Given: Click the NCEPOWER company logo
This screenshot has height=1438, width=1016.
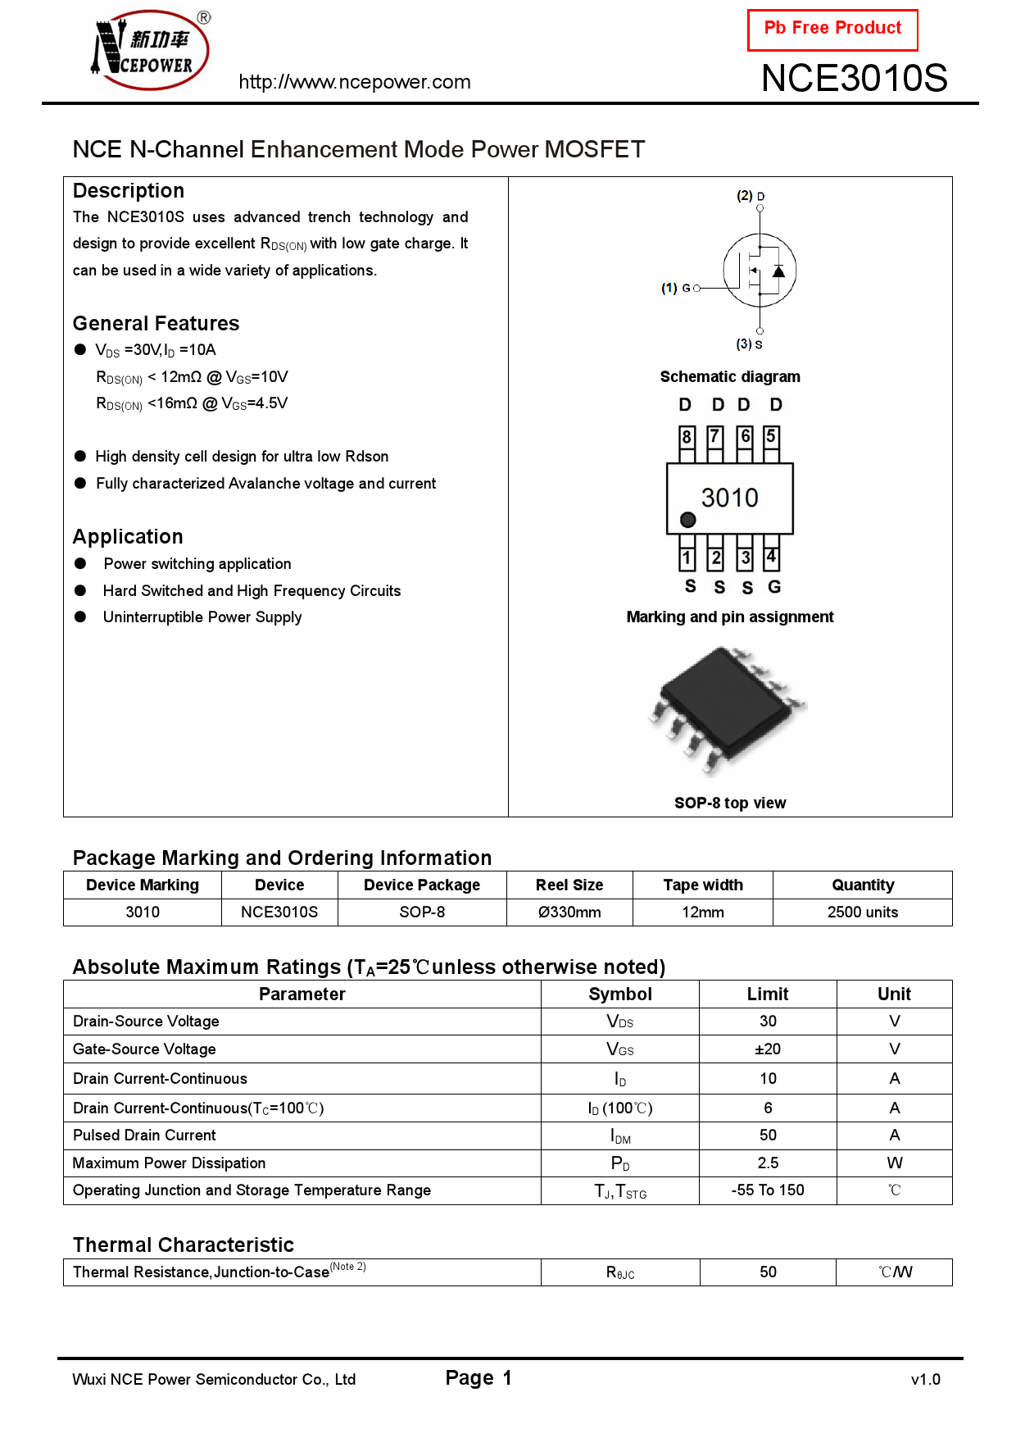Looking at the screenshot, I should click(x=149, y=49).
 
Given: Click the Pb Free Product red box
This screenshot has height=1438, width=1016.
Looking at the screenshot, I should click(x=832, y=30).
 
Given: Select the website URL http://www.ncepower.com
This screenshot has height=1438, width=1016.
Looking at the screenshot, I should click(x=354, y=82).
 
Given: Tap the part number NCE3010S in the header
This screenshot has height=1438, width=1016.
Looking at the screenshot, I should click(x=854, y=79).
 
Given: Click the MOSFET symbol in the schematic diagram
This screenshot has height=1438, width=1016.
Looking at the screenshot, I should click(x=760, y=271).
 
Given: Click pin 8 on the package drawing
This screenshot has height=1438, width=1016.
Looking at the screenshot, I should click(x=687, y=438).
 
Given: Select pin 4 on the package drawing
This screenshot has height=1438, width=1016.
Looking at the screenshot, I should click(x=771, y=557).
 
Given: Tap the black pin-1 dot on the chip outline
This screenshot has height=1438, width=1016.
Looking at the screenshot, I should click(x=688, y=520).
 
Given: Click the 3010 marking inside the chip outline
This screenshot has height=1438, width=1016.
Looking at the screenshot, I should click(x=729, y=498).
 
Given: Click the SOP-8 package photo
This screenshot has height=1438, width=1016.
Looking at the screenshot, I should click(x=729, y=709).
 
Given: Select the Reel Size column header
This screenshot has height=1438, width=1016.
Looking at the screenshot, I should click(x=569, y=885).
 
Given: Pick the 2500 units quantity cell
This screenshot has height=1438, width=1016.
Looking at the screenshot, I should click(x=862, y=912).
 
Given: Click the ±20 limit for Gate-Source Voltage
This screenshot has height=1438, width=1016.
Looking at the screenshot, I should click(x=767, y=1049).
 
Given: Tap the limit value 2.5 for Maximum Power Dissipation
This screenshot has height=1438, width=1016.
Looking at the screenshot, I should click(x=767, y=1163).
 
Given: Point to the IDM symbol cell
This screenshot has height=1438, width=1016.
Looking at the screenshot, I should click(x=620, y=1136).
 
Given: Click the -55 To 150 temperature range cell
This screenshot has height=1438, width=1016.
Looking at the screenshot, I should click(x=767, y=1190).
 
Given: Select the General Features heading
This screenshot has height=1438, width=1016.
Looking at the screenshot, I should click(x=156, y=324).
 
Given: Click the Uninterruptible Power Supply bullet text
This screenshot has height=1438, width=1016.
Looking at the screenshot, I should click(x=202, y=617).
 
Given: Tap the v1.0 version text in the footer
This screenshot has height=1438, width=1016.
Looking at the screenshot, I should click(x=925, y=1380).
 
